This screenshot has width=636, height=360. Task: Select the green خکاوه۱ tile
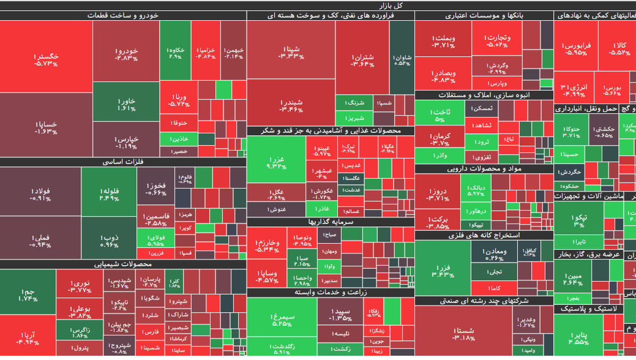(175, 53)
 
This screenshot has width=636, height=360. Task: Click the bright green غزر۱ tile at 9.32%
(277, 162)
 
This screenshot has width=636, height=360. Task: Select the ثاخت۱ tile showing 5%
(439, 115)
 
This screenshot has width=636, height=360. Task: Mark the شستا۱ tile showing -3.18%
(463, 333)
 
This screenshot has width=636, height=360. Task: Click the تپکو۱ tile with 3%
(578, 220)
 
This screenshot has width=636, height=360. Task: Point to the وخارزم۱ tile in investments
(267, 246)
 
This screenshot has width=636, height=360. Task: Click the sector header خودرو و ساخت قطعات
(123, 15)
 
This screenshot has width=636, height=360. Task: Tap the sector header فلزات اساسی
(123, 162)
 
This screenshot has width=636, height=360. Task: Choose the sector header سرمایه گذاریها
(331, 222)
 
